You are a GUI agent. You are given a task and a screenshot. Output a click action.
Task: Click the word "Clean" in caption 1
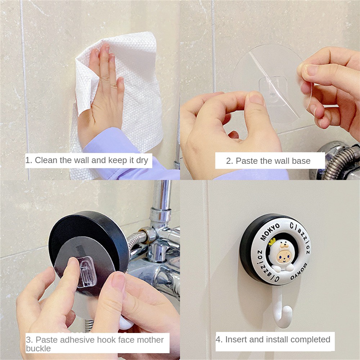(46, 160)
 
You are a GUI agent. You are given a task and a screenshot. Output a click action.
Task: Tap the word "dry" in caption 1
(142, 160)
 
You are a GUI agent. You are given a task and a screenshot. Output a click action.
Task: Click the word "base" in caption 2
(301, 161)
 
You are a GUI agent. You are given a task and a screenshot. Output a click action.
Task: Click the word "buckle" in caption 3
(38, 348)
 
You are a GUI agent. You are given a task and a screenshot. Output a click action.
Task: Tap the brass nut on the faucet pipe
(144, 230)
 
